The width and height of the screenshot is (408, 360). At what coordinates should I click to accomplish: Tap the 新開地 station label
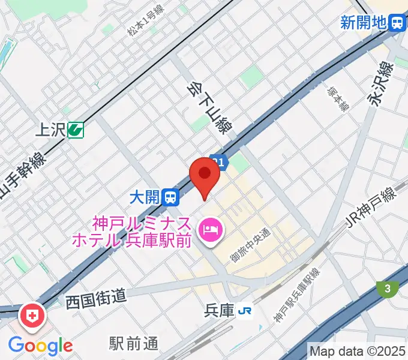tap(363, 23)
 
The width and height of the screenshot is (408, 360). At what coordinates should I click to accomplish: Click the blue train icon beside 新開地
tap(397, 23)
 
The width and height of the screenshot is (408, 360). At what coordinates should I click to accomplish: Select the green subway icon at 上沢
tap(76, 128)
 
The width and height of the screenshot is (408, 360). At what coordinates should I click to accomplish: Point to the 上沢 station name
tap(50, 128)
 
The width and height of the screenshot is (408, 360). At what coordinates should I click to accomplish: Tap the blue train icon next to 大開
tap(172, 196)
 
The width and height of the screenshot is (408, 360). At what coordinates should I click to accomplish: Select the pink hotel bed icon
tap(211, 229)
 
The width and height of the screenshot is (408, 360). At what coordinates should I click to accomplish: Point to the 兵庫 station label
tap(217, 310)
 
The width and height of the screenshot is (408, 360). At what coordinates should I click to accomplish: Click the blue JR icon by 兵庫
tap(244, 310)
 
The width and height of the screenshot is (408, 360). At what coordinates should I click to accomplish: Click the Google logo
tap(40, 346)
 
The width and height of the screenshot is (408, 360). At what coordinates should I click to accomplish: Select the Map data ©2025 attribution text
tap(358, 350)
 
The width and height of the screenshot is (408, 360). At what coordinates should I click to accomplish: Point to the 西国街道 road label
tap(96, 296)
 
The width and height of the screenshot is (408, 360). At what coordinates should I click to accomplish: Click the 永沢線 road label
tap(380, 84)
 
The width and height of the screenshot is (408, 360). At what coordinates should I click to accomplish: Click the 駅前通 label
tap(134, 344)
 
